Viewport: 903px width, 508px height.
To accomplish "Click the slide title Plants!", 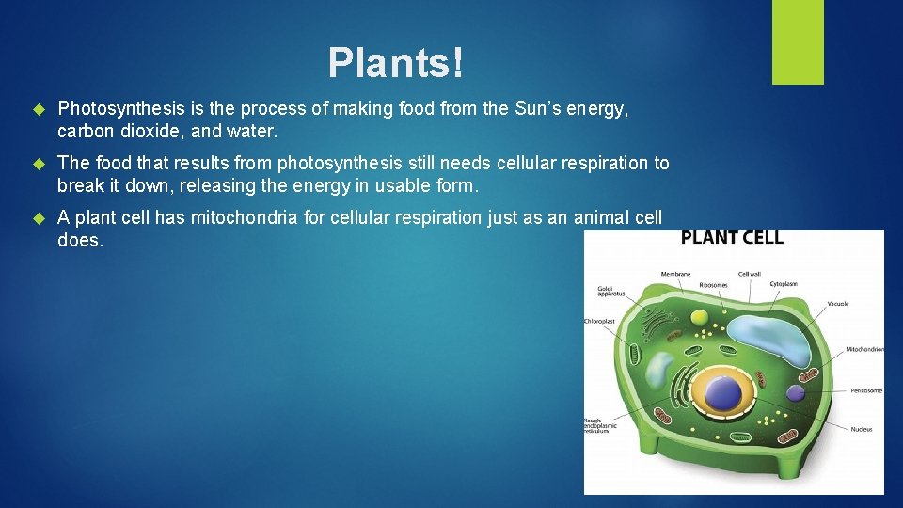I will pos(395,63).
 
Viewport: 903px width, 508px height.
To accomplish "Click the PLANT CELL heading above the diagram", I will pos(732,237).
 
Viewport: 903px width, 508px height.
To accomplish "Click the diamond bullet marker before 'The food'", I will pos(39,164).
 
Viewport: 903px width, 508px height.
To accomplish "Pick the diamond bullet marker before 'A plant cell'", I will pos(39,218).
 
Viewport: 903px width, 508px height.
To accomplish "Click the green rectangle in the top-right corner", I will pos(798,42).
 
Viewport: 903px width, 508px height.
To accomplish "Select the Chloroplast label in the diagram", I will pos(599,322).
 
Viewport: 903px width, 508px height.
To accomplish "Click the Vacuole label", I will pos(837,304).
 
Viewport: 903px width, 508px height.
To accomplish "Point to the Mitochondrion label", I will pos(863,349).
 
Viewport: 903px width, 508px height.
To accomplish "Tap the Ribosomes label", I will pos(712,285).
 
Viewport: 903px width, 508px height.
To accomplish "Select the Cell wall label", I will pos(749,275).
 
